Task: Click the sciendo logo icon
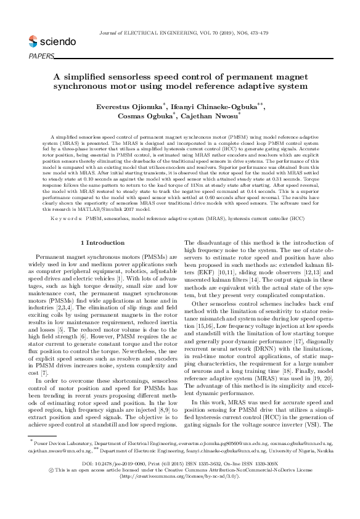[33, 43]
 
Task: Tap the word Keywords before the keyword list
[71, 201]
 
